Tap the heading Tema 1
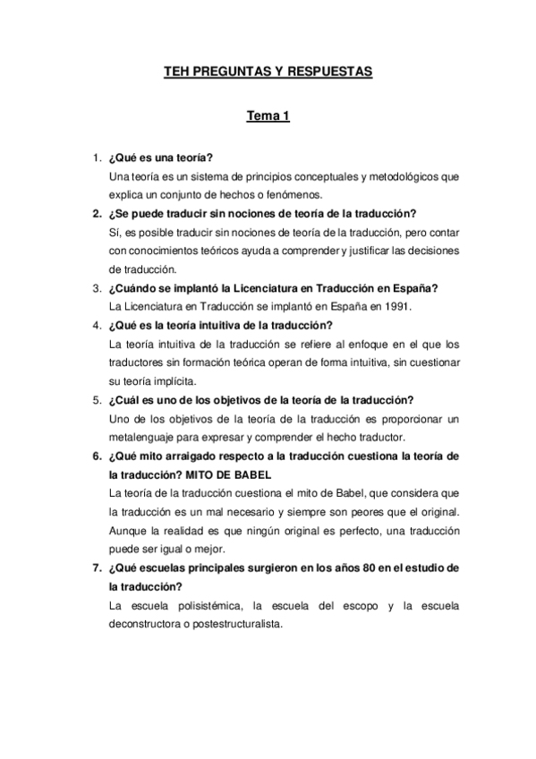pos(268,116)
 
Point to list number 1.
pos(96,158)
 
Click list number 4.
pos(96,324)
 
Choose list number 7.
pos(96,569)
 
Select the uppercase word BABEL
pos(251,473)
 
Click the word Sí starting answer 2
pos(112,232)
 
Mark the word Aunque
pos(126,531)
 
